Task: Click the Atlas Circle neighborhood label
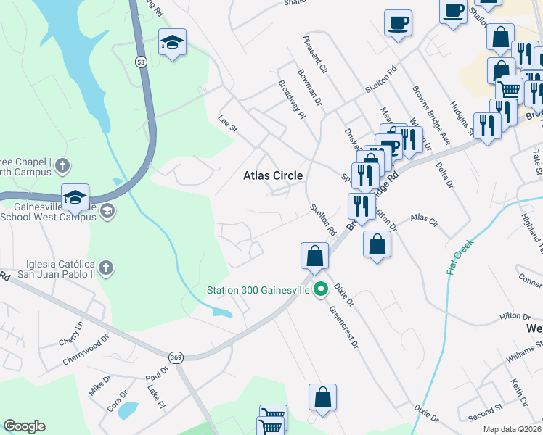(x=272, y=175)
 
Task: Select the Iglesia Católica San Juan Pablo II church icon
(x=106, y=268)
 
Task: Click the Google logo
(x=25, y=426)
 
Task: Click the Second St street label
(x=486, y=415)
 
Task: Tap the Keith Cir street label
(x=519, y=391)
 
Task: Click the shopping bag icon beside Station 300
(x=314, y=255)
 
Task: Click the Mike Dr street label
(x=100, y=382)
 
